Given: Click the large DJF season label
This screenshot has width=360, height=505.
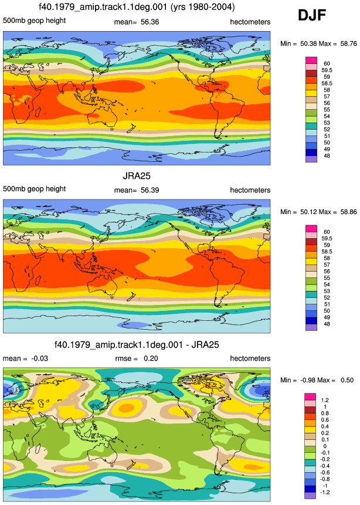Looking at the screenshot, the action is [x=312, y=15].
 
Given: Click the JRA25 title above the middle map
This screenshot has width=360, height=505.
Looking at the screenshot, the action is [x=137, y=176].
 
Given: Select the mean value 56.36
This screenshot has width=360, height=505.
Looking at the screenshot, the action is [x=150, y=22].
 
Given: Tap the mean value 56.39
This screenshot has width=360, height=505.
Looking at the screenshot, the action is [x=150, y=190].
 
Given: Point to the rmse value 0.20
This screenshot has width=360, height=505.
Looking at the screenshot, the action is [x=151, y=358].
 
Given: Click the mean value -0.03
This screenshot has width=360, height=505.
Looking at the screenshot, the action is [x=40, y=358].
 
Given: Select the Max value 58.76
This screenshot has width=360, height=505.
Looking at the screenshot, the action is [x=349, y=43].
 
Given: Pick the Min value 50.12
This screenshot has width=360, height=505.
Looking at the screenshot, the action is [x=309, y=212].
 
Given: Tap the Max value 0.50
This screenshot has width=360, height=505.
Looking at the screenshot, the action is [x=347, y=380].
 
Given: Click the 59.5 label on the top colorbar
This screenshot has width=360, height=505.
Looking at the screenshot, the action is [x=327, y=70].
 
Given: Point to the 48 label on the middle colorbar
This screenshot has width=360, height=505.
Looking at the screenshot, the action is [x=327, y=324].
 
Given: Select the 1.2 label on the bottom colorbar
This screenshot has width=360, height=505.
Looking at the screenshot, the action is [x=325, y=400].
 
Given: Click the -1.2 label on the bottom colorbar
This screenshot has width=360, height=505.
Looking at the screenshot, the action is [x=325, y=492].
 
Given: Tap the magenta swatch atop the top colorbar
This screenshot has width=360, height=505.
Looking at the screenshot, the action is [x=311, y=60].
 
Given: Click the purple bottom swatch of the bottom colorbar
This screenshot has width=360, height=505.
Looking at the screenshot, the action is [x=310, y=496].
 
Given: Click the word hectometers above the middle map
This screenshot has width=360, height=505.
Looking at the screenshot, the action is [x=250, y=190].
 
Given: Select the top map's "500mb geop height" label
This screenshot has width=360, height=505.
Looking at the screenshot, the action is [x=35, y=21].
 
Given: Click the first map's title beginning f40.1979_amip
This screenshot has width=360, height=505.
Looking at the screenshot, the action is [x=137, y=7].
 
